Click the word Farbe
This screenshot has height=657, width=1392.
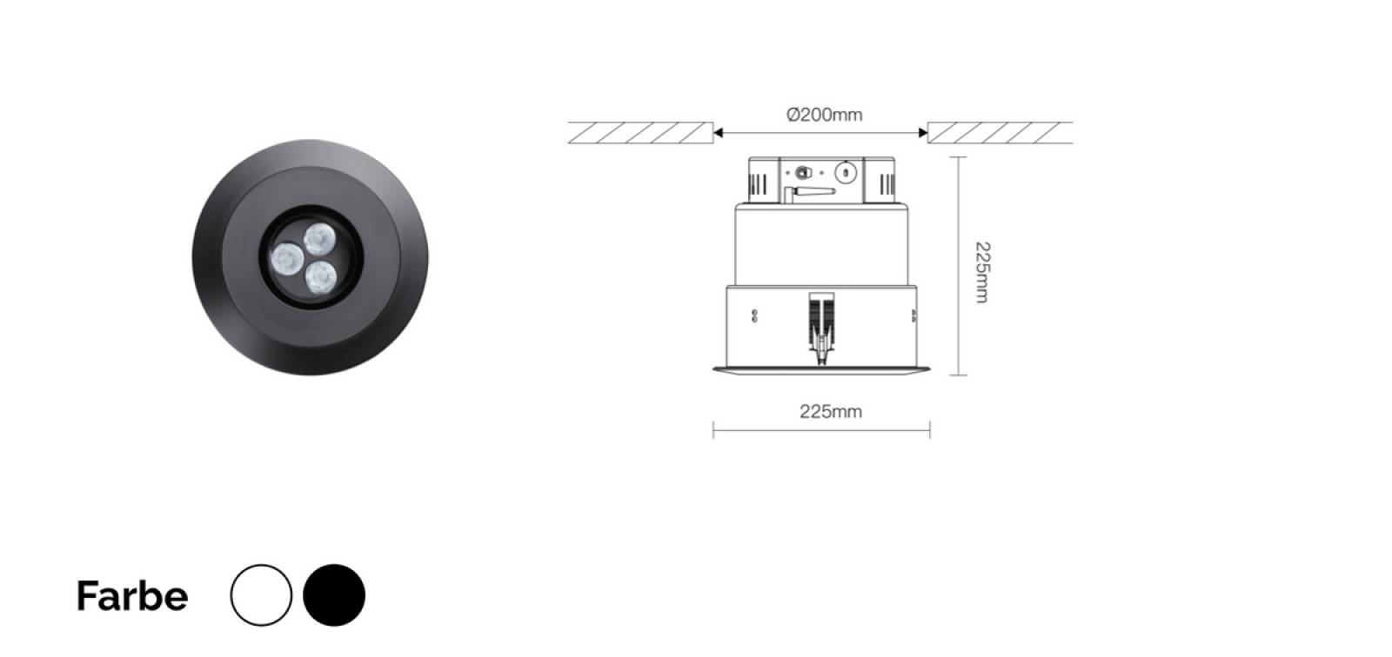[x=131, y=595]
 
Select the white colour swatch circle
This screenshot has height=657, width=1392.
[x=261, y=595]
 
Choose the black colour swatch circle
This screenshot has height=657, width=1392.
[x=334, y=595]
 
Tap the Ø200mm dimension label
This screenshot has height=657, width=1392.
[x=825, y=115]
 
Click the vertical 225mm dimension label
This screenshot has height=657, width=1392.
[x=982, y=272]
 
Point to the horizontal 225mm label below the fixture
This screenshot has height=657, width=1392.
[x=831, y=412]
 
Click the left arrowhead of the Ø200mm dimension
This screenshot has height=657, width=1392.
[x=719, y=132]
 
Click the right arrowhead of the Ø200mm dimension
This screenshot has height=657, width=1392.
[x=923, y=132]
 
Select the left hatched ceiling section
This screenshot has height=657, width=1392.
[x=640, y=132]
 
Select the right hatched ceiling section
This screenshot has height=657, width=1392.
[x=1000, y=132]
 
